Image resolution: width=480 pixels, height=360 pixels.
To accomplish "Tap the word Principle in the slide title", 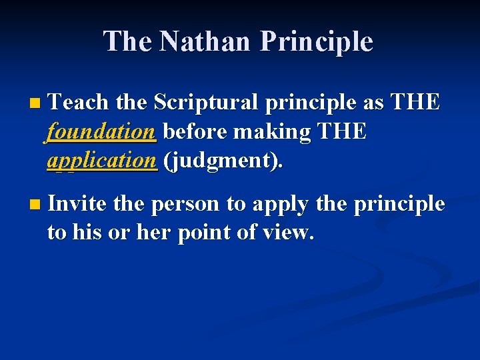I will [x=316, y=41].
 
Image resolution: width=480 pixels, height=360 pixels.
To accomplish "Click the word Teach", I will [x=78, y=103].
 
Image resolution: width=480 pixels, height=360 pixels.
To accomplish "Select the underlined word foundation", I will [x=101, y=131].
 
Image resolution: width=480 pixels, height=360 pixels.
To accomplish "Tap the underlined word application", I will [x=102, y=160].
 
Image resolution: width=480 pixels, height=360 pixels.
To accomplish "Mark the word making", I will [x=270, y=132].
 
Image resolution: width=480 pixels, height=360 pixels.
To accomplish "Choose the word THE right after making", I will [x=342, y=131].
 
